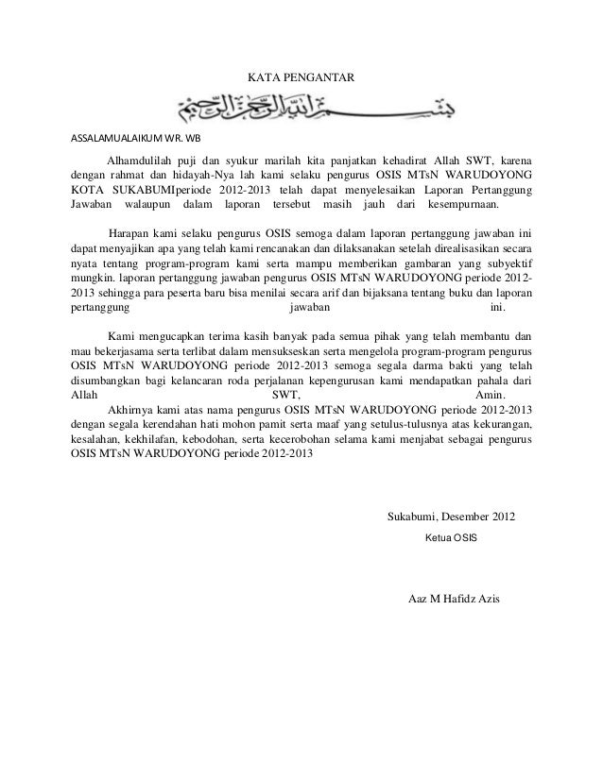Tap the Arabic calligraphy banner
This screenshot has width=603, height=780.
point(301,105)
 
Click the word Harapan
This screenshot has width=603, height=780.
point(131,232)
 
